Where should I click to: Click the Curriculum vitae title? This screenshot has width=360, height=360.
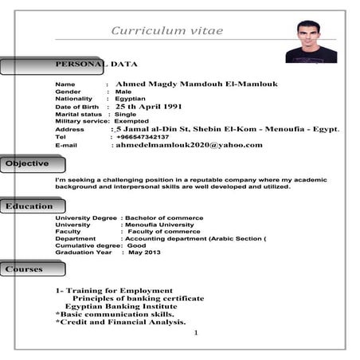tap(166, 31)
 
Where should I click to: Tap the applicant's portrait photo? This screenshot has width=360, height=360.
tap(311, 41)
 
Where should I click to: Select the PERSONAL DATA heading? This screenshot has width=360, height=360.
tap(96, 64)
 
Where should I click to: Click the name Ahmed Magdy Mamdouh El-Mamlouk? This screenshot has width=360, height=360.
tap(196, 84)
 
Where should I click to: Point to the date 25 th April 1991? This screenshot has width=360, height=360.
tap(149, 106)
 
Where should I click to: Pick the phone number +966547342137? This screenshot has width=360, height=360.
tap(143, 137)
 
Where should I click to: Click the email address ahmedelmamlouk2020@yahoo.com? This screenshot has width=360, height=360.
tap(189, 145)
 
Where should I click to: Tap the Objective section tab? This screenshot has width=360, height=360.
tap(28, 164)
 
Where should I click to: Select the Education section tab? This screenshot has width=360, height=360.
tap(29, 206)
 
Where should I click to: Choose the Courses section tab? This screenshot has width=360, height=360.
tap(25, 269)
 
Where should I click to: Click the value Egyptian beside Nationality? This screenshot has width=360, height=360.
tap(131, 99)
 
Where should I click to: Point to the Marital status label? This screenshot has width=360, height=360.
tap(79, 114)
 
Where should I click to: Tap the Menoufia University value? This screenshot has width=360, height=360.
tap(158, 225)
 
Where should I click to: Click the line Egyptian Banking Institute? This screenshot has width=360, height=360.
tap(121, 306)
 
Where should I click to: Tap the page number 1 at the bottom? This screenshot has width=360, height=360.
tap(195, 332)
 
